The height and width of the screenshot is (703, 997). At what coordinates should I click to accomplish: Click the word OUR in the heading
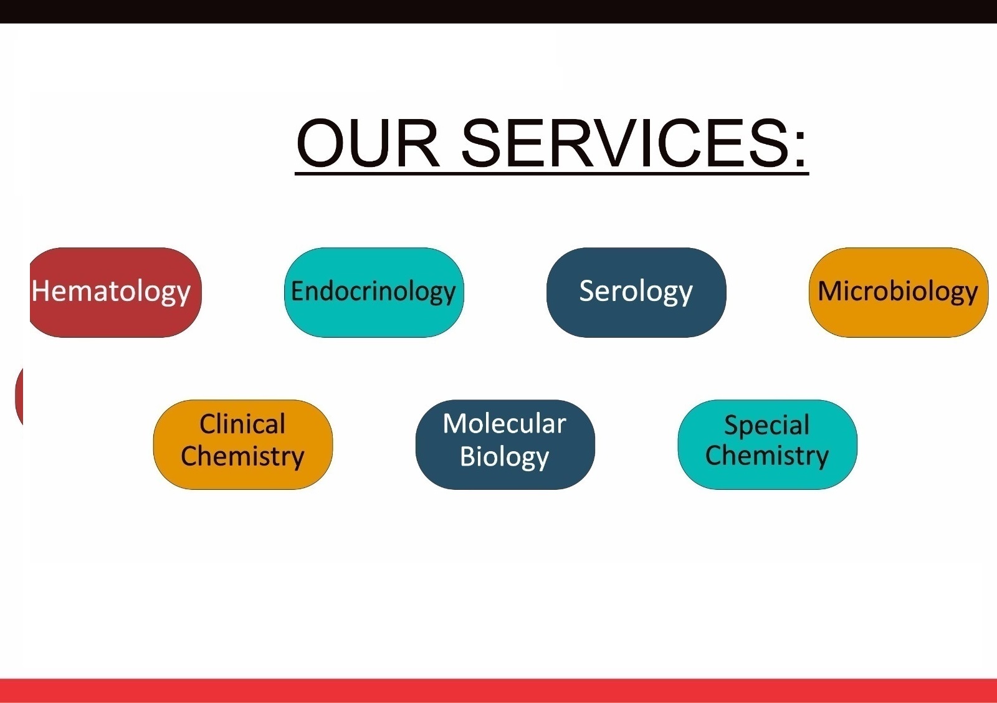(x=368, y=143)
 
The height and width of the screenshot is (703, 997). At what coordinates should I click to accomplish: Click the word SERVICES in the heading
(x=626, y=143)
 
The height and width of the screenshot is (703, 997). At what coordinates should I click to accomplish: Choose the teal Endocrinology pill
(x=374, y=292)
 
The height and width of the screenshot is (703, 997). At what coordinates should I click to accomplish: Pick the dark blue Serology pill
(x=636, y=292)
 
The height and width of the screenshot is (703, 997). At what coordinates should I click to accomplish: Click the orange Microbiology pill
(x=898, y=292)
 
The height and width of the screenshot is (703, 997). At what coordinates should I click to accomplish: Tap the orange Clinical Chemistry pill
(x=242, y=444)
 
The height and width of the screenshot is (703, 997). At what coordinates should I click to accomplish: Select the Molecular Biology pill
(x=505, y=444)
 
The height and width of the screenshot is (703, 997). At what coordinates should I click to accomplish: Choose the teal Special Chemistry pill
(x=767, y=444)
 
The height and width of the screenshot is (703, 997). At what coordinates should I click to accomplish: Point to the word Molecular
(x=504, y=423)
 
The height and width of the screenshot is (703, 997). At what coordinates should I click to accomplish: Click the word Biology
(x=504, y=457)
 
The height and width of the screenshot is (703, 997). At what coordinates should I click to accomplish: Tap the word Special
(x=767, y=425)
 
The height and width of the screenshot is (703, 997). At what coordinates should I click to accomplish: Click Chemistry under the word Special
(x=767, y=456)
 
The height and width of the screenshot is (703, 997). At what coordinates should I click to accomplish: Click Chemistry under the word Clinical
(x=242, y=457)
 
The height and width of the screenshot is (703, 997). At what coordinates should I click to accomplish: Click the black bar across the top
(x=499, y=12)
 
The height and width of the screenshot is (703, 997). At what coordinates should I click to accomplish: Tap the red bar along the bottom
(x=499, y=691)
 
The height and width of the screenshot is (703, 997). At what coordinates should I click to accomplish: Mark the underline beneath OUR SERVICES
(x=552, y=173)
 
